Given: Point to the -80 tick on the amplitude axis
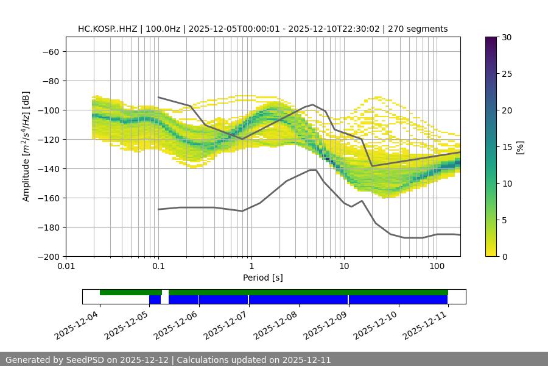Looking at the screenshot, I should [x=50, y=81].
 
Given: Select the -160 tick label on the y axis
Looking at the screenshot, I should [x=47, y=198].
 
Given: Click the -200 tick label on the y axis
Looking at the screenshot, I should [x=47, y=256].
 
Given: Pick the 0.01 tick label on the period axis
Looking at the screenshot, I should [x=66, y=267].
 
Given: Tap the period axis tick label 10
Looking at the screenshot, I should [x=344, y=267].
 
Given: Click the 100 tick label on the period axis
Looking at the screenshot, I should [x=437, y=267].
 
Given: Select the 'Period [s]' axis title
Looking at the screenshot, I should [x=263, y=278].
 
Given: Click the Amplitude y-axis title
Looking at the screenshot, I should [x=26, y=146].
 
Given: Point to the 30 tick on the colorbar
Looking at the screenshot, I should [x=505, y=37].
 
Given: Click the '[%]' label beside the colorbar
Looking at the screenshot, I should [x=520, y=147].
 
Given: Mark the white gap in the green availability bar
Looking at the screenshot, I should [x=165, y=292].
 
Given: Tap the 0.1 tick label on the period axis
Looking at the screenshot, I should [x=158, y=267].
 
